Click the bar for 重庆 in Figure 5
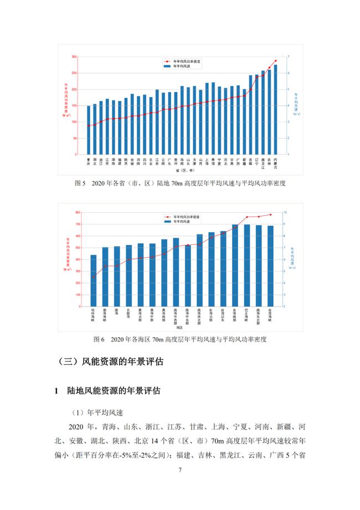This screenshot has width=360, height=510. (x=89, y=130)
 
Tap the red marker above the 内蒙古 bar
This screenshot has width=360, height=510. (x=275, y=60)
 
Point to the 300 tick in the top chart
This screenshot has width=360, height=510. (x=74, y=57)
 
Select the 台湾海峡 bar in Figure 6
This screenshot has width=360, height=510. (x=270, y=266)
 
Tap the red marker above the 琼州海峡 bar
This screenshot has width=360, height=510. (x=94, y=277)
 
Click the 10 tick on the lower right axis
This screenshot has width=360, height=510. (x=285, y=212)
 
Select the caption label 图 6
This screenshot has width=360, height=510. (x=100, y=338)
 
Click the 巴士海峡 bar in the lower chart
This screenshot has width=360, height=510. (x=247, y=266)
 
